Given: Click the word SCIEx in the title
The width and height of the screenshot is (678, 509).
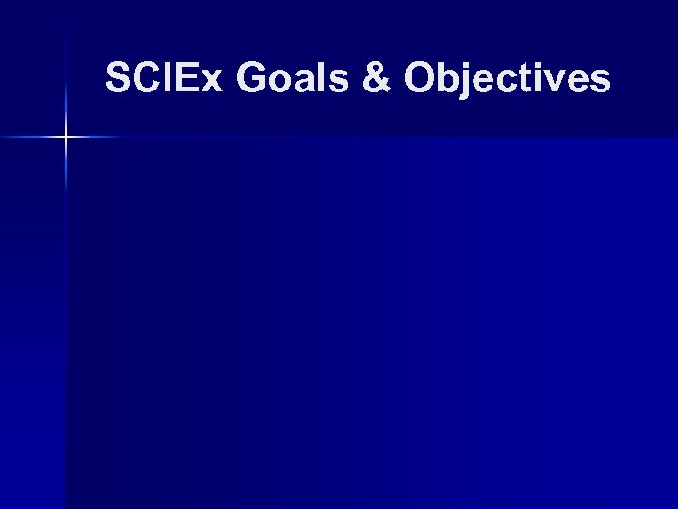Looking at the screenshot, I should pos(164,78).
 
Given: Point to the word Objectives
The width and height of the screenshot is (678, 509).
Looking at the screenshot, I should pos(508,79).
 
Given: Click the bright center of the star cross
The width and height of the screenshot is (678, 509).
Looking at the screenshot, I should pos(66,138).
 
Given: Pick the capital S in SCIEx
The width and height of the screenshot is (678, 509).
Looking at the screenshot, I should pos(119,78).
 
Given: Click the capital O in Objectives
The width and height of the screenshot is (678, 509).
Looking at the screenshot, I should pos(422,78).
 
